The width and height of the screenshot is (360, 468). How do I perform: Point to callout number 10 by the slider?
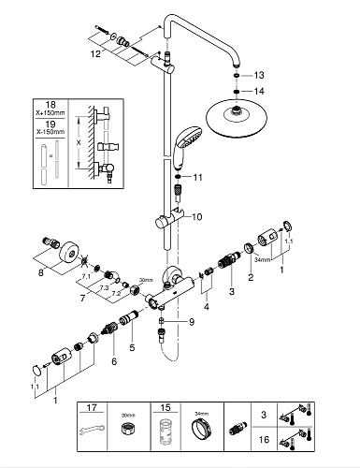[x=197, y=217]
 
